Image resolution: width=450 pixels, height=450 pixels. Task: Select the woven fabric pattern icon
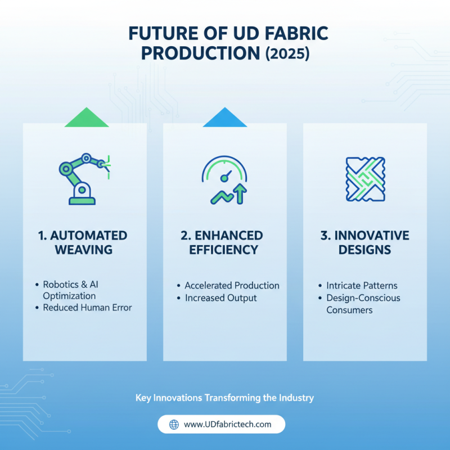coord(365,179)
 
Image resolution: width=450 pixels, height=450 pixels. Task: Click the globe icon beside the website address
coord(174,424)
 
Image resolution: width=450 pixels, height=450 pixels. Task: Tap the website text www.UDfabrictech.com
coord(228,424)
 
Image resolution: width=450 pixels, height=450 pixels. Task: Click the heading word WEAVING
coord(84,249)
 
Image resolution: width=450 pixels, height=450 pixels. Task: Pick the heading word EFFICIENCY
coord(225,249)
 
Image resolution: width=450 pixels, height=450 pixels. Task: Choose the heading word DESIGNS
coord(365,249)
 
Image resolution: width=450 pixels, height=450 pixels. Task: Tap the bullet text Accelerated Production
coord(232,286)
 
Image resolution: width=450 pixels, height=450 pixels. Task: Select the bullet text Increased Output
coord(220,298)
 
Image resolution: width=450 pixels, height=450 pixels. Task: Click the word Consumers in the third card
coord(349,310)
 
